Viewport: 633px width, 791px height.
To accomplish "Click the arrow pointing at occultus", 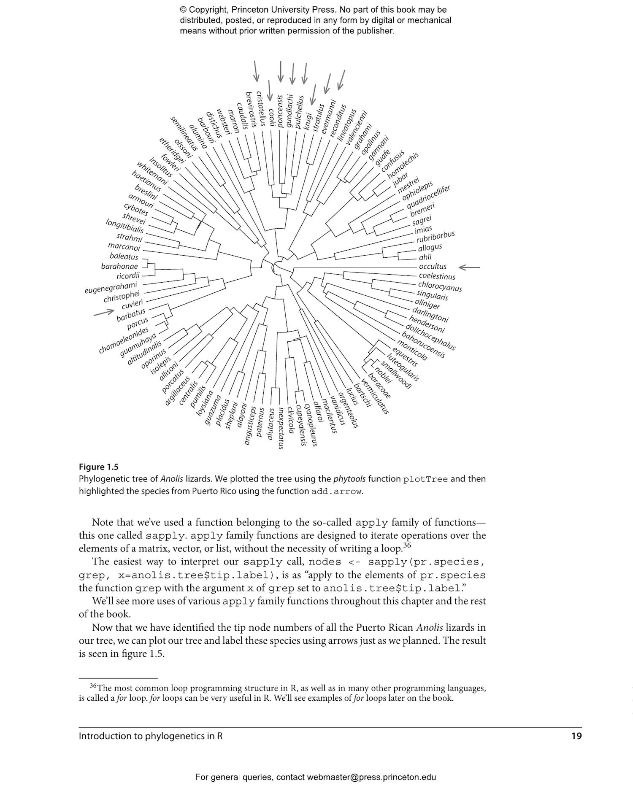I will point(469,267).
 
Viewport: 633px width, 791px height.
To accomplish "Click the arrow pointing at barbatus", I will point(104,313).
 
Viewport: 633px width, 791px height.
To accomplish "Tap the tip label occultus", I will point(433,267).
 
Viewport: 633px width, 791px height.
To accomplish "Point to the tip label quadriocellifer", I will point(428,197).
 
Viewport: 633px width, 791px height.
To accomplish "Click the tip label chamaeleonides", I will point(124,340).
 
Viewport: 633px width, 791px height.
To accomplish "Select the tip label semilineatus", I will point(184,133).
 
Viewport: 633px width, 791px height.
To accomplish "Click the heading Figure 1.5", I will point(98,467).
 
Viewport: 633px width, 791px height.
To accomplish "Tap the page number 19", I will point(576,736).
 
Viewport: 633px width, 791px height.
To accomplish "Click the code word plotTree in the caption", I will point(425,479).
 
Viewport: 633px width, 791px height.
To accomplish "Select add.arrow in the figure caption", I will point(336,491).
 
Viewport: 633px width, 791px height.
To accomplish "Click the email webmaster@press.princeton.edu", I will point(371,777).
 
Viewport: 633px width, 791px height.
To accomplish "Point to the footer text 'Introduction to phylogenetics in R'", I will point(151,736).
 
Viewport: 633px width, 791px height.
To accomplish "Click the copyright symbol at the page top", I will point(183,10).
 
